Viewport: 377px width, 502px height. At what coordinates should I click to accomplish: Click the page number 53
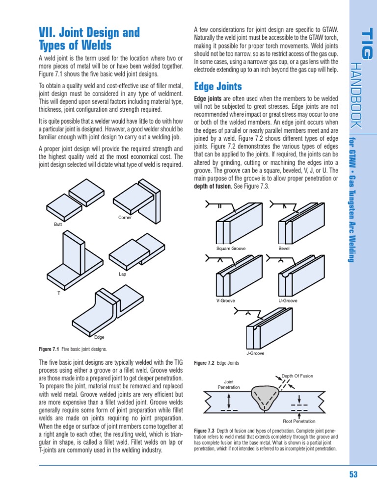click(x=353, y=474)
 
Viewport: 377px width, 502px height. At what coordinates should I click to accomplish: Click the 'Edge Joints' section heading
click(x=218, y=86)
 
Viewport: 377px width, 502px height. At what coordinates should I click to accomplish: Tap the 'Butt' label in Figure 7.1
click(x=58, y=225)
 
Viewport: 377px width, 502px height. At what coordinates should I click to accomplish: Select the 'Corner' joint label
click(x=125, y=217)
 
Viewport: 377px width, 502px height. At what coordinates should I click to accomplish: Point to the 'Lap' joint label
click(x=122, y=274)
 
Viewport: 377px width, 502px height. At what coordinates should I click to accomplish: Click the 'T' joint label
click(x=59, y=293)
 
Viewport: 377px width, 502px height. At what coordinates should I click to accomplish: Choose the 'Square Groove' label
click(x=231, y=249)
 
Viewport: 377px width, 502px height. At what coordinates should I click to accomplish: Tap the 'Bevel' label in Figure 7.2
click(x=284, y=249)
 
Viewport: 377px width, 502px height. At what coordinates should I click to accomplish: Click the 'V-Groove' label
click(x=226, y=301)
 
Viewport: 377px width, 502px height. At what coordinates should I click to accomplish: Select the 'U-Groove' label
click(x=288, y=301)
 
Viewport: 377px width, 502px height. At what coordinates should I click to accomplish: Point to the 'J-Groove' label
click(x=255, y=353)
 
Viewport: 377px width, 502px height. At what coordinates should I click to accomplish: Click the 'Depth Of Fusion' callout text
click(x=297, y=376)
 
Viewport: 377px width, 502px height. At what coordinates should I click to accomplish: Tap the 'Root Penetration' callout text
click(x=299, y=421)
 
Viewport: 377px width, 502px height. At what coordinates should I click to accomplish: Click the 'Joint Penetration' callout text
click(x=229, y=384)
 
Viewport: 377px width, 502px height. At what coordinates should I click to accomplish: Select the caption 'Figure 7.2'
click(x=204, y=363)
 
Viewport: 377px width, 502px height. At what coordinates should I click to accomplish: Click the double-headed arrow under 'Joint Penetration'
click(x=229, y=401)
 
